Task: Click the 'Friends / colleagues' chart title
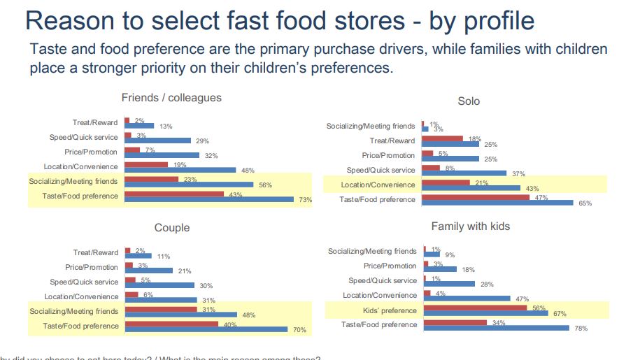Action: tap(171, 98)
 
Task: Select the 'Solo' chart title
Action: tap(469, 101)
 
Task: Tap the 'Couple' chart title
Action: tap(172, 228)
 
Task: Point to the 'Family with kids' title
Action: tap(470, 226)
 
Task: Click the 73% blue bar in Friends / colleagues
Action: tap(209, 199)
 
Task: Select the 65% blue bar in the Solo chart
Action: tap(498, 203)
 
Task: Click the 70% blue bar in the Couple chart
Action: tap(206, 329)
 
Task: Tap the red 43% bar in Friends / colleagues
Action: tap(174, 194)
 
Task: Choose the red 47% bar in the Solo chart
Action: tap(476, 197)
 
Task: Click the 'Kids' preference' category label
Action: tap(390, 310)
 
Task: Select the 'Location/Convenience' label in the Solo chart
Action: tap(378, 185)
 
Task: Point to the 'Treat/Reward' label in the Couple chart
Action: tap(96, 252)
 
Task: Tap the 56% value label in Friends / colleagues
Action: tap(265, 185)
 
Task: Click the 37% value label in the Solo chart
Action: tap(518, 174)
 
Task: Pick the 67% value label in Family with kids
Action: tap(560, 314)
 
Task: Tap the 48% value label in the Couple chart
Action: tap(248, 315)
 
